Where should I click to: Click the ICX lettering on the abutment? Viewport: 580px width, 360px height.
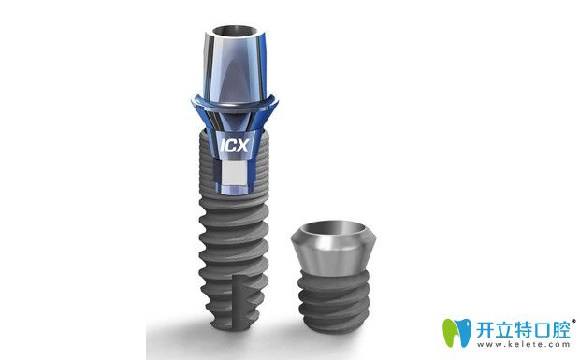point(234,145)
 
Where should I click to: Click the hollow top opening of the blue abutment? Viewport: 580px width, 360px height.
point(234,30)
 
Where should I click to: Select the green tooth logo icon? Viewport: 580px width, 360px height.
point(457,332)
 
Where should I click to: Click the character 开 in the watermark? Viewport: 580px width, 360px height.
point(485,330)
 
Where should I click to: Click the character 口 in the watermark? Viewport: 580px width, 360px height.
point(543,330)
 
